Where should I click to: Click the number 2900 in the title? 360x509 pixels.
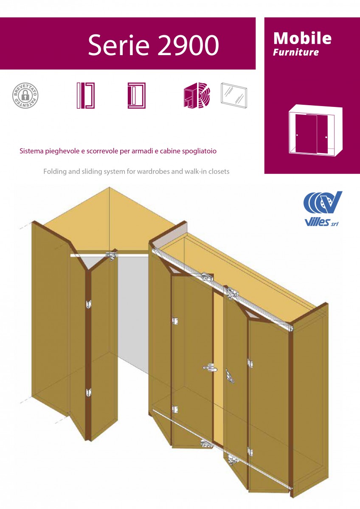[188, 45]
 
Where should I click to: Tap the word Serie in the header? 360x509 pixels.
[119, 45]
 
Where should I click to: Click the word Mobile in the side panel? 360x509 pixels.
[302, 38]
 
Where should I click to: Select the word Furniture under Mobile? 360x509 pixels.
[295, 52]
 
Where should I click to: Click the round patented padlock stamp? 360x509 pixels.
[25, 95]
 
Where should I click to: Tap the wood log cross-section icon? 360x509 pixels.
[197, 95]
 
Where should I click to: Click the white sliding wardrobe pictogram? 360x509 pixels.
[315, 131]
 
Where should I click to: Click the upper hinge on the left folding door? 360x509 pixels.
[88, 304]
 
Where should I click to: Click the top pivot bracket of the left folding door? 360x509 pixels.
[111, 255]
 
